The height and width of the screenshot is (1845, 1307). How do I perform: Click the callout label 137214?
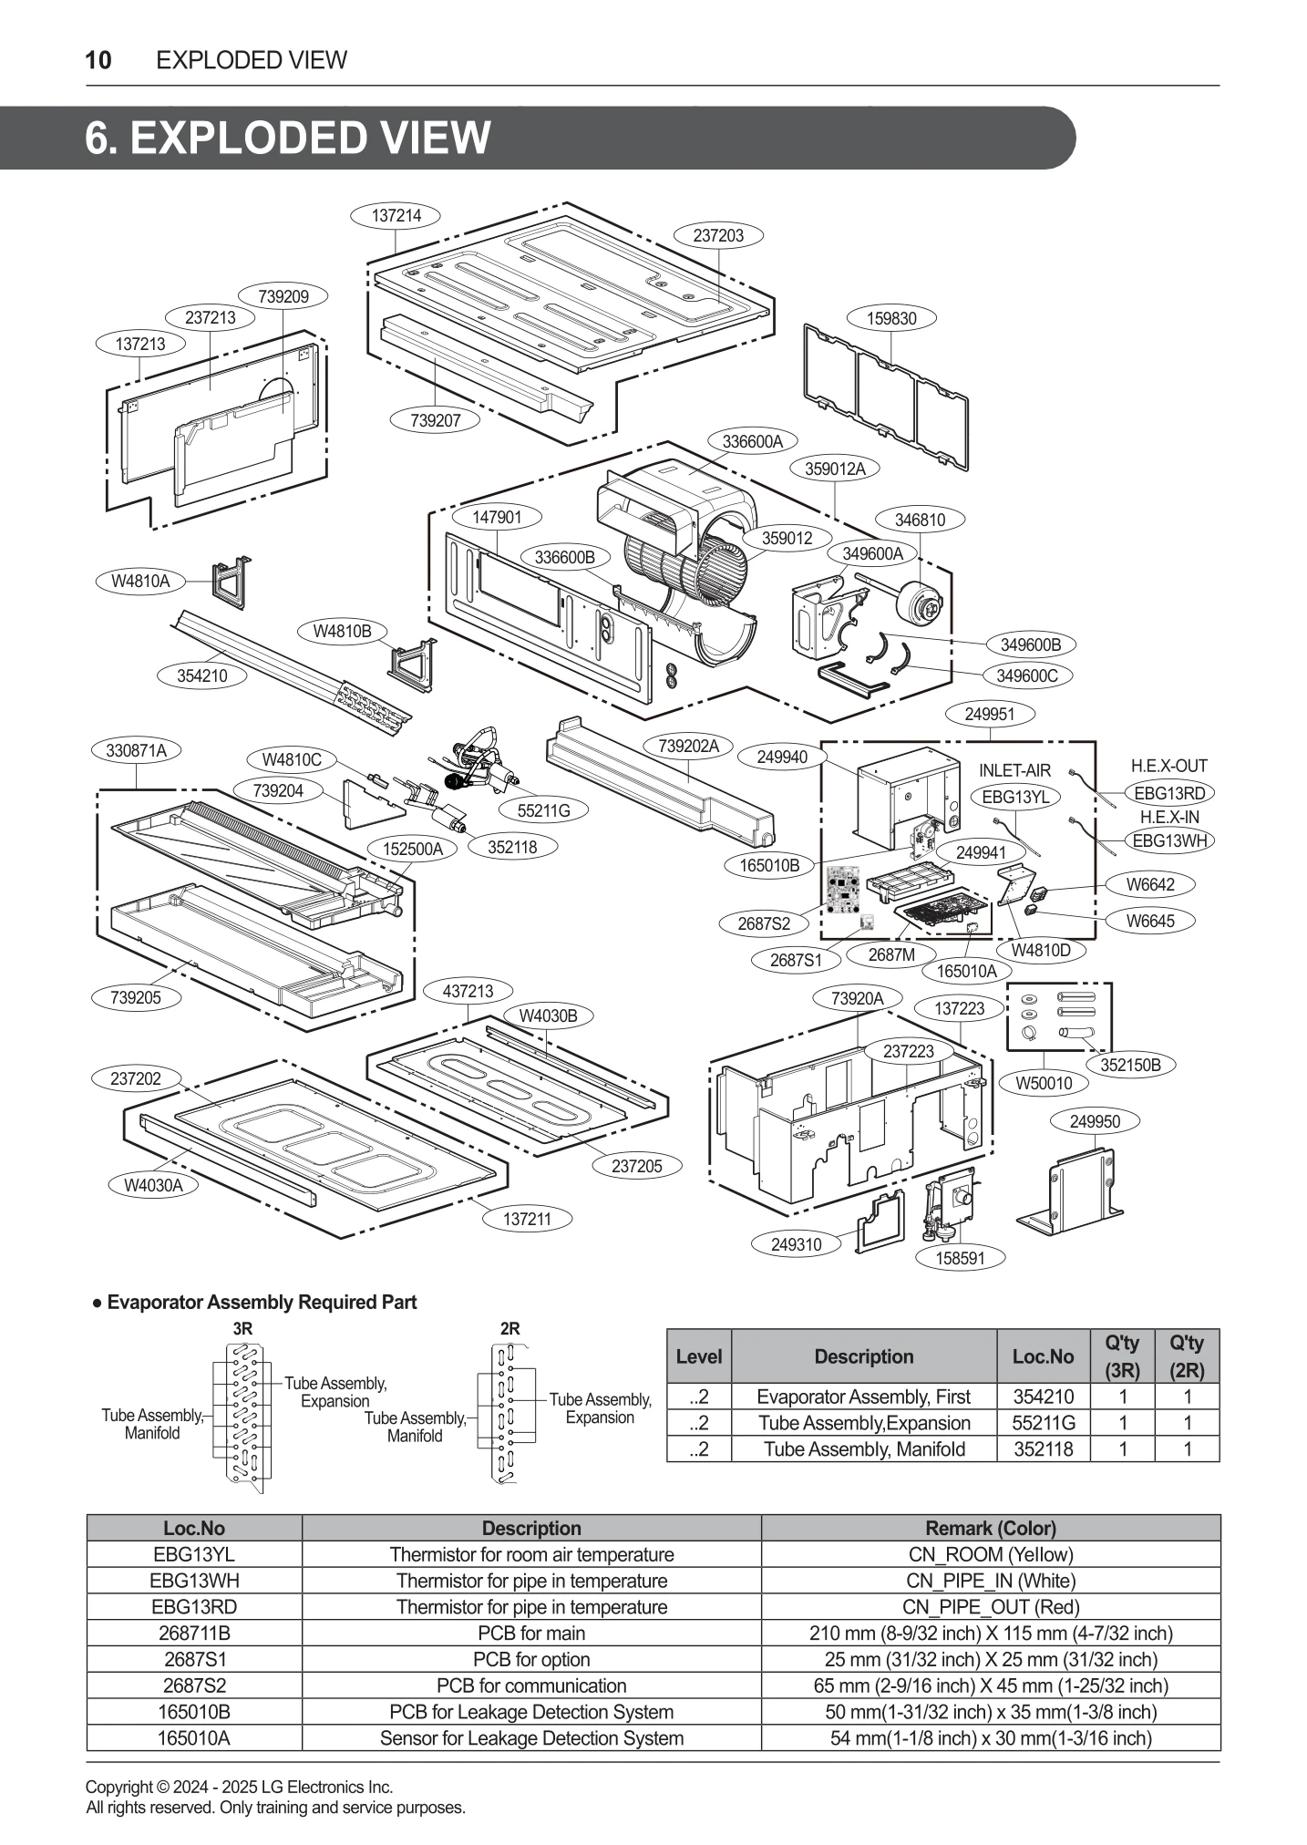396,216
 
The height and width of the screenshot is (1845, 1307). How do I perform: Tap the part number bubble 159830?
891,318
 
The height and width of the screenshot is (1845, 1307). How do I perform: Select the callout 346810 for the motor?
920,520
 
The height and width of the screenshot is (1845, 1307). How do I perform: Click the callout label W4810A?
140,581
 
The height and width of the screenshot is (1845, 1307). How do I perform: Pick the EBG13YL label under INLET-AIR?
1014,797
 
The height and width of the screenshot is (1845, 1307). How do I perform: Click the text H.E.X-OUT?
1168,766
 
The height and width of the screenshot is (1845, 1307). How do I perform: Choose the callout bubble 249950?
1095,1121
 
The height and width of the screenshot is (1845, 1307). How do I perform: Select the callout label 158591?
960,1258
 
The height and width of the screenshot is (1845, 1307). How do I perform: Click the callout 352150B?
1130,1065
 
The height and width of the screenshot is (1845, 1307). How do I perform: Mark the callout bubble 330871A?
136,750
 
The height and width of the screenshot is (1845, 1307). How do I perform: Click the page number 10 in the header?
98,60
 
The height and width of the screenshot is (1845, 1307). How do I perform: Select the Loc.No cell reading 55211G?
1044,1423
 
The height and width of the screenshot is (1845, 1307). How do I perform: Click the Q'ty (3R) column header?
1122,1355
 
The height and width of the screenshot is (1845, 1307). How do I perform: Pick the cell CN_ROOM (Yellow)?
990,1554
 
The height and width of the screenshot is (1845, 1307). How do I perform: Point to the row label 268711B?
193,1634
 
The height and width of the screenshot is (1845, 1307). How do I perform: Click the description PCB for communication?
531,1685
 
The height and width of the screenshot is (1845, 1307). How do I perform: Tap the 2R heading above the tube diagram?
510,1328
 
